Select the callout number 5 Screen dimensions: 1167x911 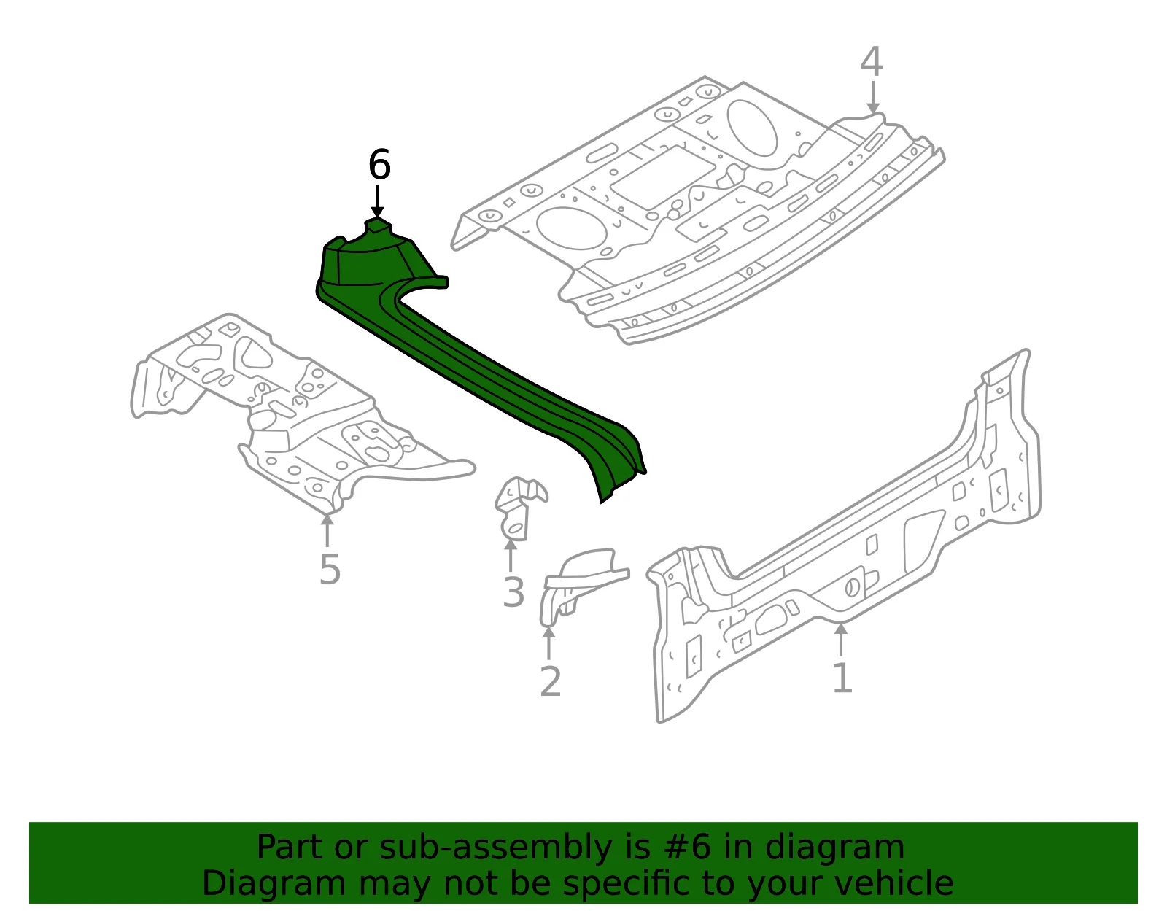tap(330, 570)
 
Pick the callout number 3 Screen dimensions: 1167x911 tap(513, 592)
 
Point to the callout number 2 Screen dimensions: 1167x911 tap(551, 682)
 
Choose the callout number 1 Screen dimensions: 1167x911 tap(842, 677)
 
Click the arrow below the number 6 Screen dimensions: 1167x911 tap(378, 201)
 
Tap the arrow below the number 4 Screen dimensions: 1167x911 tap(873, 97)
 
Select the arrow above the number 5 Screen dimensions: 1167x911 tap(327, 530)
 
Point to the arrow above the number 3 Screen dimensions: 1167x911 tap(510, 555)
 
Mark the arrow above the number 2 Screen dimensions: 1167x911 tap(548, 643)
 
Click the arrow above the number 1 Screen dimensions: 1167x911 tap(841, 639)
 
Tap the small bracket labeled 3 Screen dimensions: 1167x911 tap(519, 508)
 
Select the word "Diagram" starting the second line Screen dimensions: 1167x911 tap(274, 885)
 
